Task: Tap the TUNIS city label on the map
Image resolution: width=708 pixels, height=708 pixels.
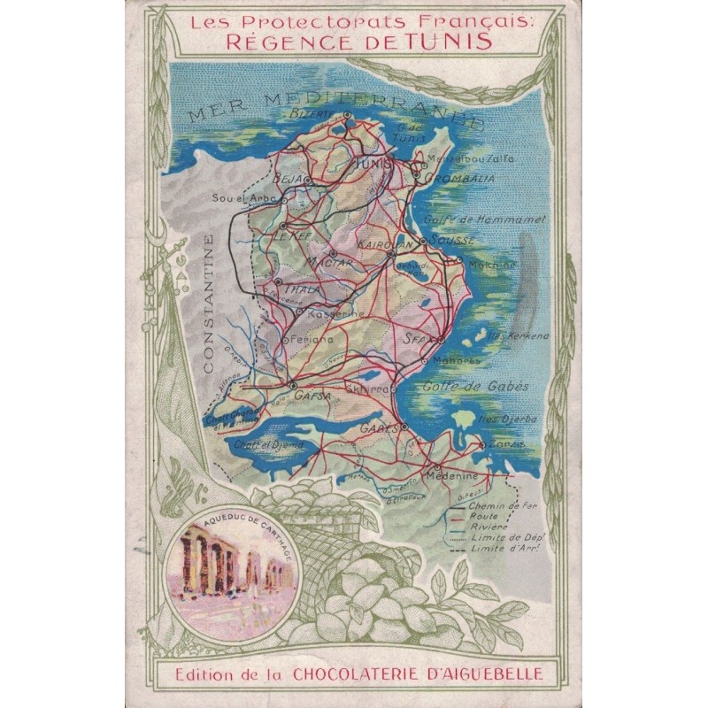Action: click(x=373, y=164)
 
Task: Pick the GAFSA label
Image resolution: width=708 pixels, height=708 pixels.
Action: click(x=312, y=396)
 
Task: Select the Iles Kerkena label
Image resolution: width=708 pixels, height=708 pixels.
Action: click(x=518, y=336)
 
